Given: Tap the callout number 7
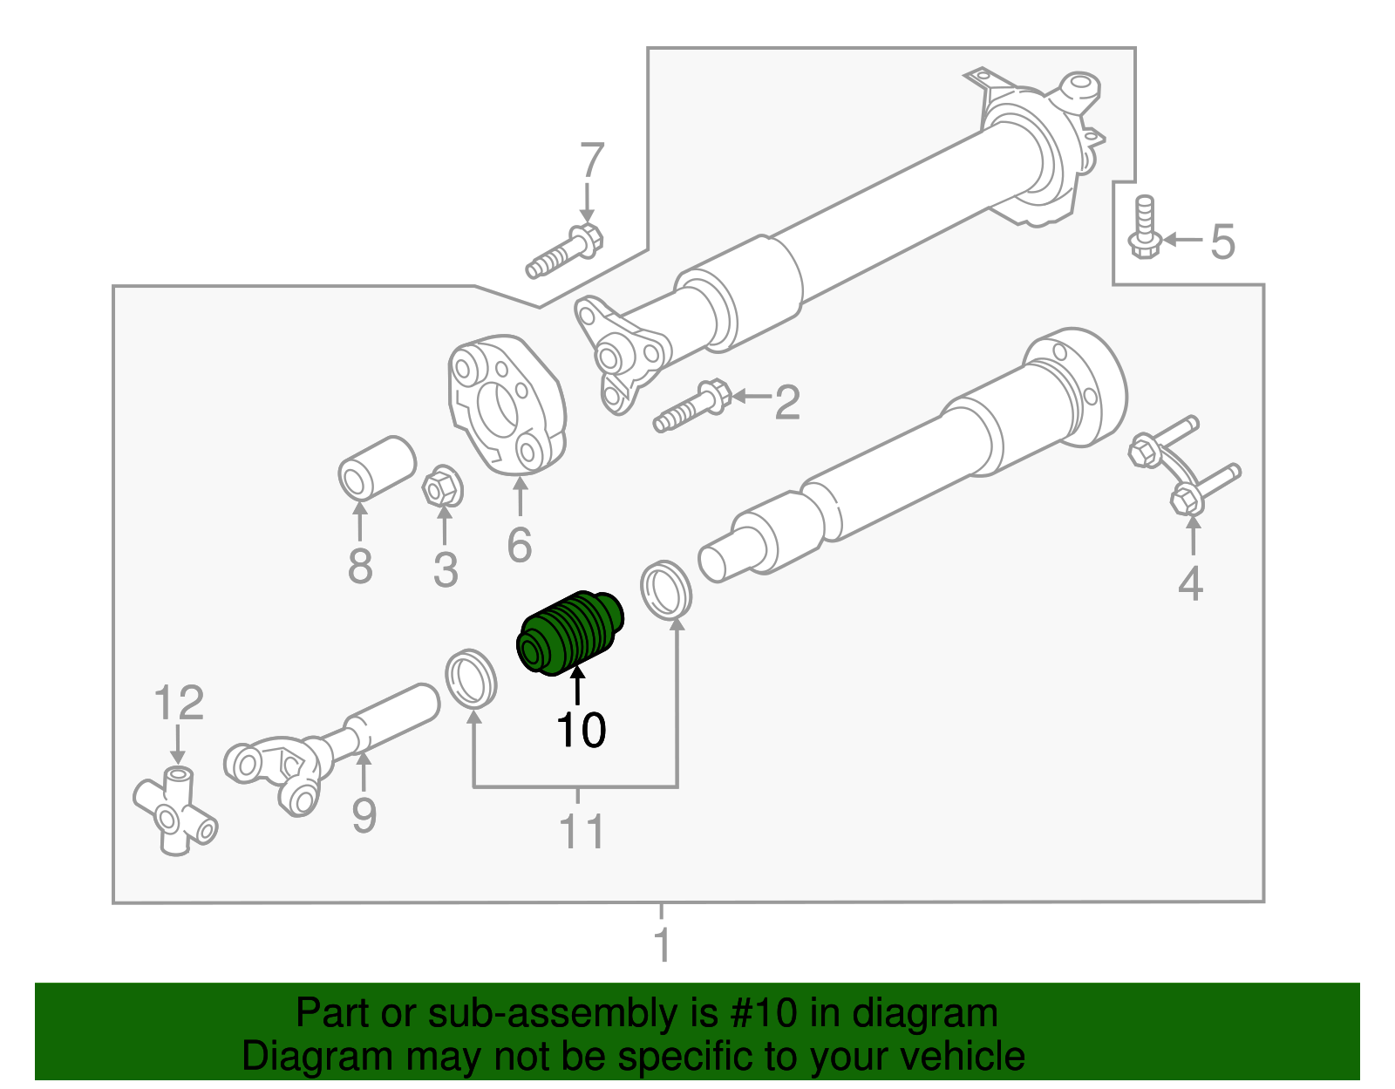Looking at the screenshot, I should click(592, 161).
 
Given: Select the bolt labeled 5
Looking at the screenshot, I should click(1143, 228).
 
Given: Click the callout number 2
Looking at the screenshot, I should click(786, 403).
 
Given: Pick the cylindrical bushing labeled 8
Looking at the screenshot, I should click(376, 468).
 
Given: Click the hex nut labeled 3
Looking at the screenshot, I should click(442, 489).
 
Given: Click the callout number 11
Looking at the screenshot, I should click(582, 832).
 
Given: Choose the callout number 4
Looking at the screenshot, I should click(1190, 583).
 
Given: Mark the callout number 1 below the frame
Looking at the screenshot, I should click(663, 945).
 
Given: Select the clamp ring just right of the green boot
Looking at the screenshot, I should click(667, 590).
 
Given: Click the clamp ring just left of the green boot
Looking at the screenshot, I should click(471, 678).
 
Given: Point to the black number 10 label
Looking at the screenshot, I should click(581, 731).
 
